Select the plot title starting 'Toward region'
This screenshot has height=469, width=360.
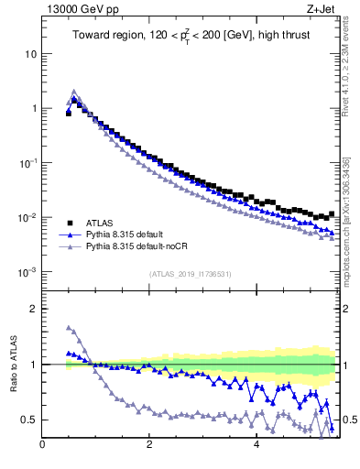click(191, 36)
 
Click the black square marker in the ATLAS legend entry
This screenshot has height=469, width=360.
click(69, 223)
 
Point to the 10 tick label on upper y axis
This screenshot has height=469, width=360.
click(31, 53)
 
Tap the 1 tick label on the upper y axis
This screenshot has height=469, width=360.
click(34, 108)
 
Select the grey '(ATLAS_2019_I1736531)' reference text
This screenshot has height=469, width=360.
click(191, 274)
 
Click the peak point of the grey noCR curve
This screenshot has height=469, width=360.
click(74, 92)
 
